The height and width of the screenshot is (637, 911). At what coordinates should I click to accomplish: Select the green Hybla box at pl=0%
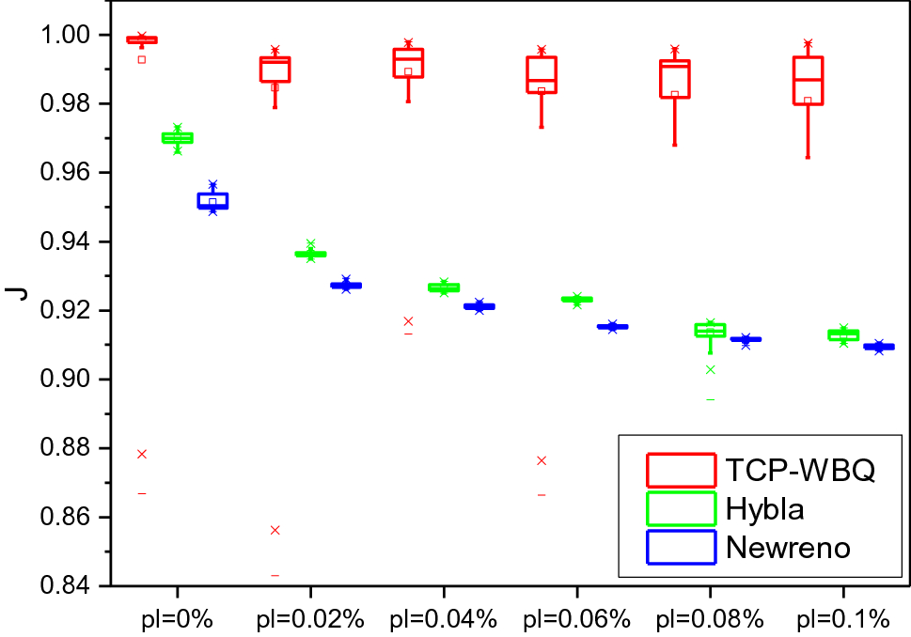point(177,138)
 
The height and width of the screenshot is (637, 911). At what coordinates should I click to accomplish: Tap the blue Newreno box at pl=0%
point(212,200)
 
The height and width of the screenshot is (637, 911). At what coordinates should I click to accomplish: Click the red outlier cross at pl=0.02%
point(275,530)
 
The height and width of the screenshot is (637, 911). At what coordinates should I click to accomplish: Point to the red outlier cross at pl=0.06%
point(542,460)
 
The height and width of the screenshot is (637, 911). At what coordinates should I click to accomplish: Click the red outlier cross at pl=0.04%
point(408,321)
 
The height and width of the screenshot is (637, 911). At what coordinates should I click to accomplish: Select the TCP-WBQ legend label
point(800,468)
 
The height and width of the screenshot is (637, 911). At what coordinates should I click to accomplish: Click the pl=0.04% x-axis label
point(443,618)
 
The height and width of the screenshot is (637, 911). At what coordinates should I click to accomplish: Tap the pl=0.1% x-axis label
point(842,618)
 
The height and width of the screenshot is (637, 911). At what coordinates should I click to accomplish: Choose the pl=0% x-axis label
point(177,618)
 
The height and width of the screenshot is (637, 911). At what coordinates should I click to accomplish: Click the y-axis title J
point(17,293)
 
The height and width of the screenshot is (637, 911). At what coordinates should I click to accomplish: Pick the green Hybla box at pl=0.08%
point(710,330)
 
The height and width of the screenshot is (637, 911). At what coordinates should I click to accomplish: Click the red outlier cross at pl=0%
point(142,454)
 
